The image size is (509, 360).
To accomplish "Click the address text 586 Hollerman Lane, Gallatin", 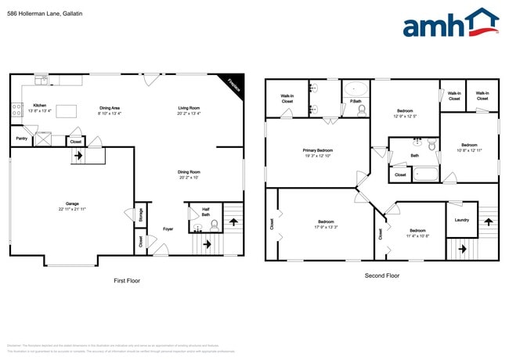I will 45,13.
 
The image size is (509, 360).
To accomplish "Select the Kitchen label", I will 39,106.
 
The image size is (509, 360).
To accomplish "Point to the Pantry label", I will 22,139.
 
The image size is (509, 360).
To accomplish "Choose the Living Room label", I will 189,107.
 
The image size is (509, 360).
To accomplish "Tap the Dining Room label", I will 189,171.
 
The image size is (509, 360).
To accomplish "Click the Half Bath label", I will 204,210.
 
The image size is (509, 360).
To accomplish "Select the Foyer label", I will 168,229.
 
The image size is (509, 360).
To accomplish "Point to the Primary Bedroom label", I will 318,149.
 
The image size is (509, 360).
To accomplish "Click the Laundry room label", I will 461,220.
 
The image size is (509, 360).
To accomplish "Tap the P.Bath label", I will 356,102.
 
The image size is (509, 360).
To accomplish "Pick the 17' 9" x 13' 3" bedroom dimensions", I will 327,228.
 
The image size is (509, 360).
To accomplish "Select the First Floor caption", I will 127,280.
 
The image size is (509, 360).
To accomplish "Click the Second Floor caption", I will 382,275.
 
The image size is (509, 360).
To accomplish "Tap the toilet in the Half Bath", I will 214,226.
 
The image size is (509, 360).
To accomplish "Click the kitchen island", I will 68,110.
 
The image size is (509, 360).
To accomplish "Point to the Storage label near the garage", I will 139,214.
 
